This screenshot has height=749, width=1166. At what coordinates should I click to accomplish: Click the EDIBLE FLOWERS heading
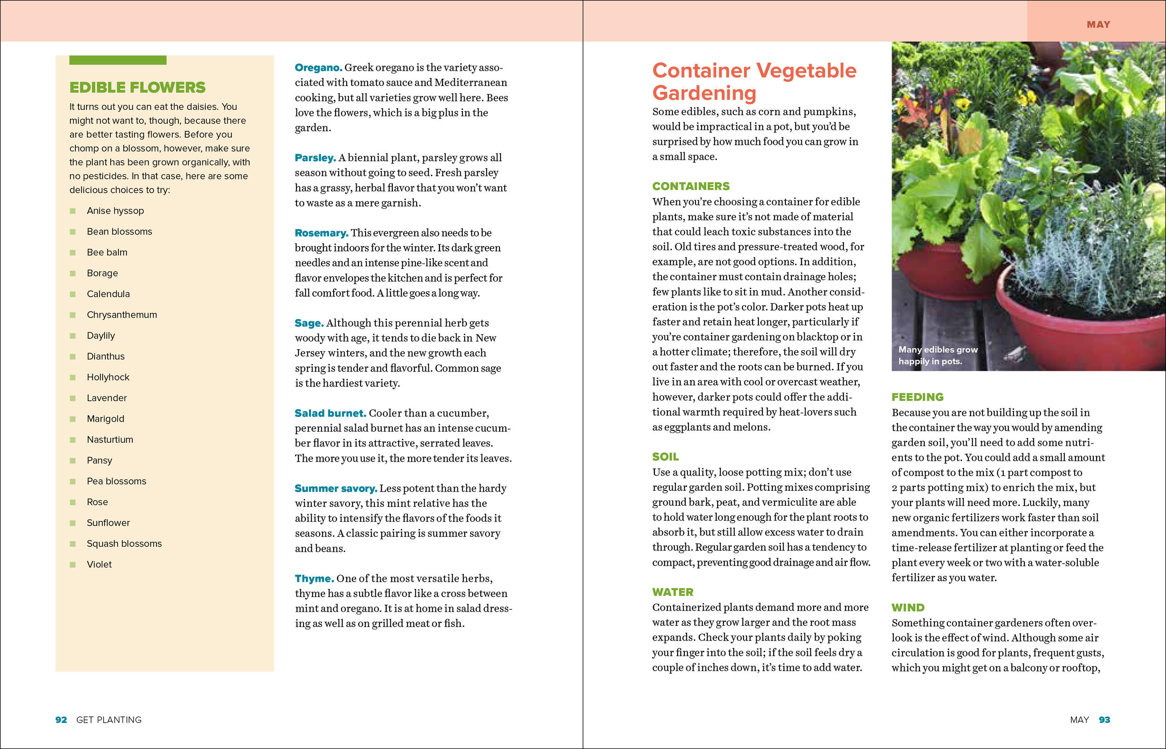pyautogui.click(x=137, y=87)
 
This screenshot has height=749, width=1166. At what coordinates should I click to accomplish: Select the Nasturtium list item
pyautogui.click(x=109, y=440)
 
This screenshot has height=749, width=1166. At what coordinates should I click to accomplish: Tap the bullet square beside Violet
pyautogui.click(x=73, y=565)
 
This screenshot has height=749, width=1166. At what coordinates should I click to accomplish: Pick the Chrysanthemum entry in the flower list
pyautogui.click(x=122, y=315)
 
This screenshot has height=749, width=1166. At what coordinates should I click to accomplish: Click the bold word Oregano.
pyautogui.click(x=318, y=68)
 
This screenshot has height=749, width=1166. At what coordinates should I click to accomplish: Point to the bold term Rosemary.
pyautogui.click(x=321, y=233)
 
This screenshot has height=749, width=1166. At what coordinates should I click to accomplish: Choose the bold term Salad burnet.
pyautogui.click(x=330, y=413)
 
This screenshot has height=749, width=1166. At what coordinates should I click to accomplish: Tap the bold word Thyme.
pyautogui.click(x=314, y=579)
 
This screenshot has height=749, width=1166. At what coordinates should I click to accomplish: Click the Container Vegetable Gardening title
pyautogui.click(x=754, y=81)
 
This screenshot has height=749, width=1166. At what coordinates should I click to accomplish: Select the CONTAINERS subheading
pyautogui.click(x=691, y=186)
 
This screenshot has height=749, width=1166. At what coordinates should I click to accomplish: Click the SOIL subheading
pyautogui.click(x=665, y=457)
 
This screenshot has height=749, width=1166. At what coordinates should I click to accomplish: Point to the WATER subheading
pyautogui.click(x=673, y=592)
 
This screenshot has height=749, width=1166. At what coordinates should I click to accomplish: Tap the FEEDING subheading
pyautogui.click(x=917, y=397)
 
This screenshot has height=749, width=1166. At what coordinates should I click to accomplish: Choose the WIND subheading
pyautogui.click(x=908, y=607)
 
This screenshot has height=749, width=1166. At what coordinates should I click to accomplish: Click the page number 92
pyautogui.click(x=61, y=720)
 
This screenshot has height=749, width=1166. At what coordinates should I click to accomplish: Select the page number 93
pyautogui.click(x=1104, y=720)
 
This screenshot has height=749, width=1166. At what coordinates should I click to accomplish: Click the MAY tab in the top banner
pyautogui.click(x=1098, y=24)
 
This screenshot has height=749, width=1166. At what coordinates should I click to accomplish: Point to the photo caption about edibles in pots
pyautogui.click(x=937, y=355)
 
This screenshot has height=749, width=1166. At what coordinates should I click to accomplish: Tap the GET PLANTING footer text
pyautogui.click(x=109, y=720)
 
